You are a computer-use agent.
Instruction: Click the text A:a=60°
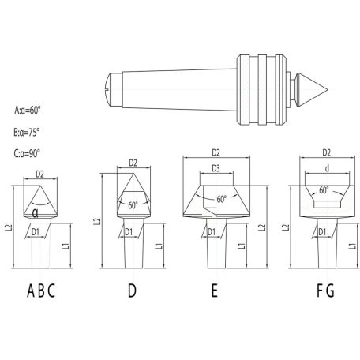(28, 110)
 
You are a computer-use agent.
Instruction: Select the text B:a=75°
(27, 132)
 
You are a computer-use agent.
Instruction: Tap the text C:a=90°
(27, 153)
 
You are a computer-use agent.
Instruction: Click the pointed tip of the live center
(328, 90)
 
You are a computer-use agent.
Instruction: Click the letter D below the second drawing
(132, 291)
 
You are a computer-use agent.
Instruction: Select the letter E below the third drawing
(215, 291)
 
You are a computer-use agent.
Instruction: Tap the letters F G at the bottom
(325, 291)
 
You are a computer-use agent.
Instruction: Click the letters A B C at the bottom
(41, 291)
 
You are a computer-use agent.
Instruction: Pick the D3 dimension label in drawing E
(216, 168)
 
